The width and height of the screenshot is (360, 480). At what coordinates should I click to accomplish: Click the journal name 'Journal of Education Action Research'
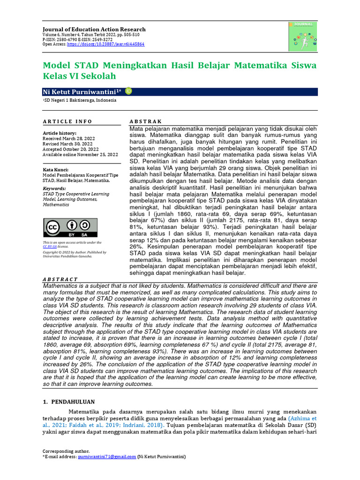coord(94,29)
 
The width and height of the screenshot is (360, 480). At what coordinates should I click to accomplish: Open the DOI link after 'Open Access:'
coord(105,44)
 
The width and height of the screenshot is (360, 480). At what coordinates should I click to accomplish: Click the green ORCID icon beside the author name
coord(128,91)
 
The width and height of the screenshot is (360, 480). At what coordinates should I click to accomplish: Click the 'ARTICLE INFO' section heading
coord(67,121)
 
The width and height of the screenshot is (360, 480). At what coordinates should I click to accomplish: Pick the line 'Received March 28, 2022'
coord(68,139)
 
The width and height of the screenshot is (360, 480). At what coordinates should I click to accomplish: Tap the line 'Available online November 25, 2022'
coord(80,154)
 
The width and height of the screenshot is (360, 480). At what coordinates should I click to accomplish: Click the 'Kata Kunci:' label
coord(55,170)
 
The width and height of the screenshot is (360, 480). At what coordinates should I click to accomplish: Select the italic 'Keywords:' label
coord(55,188)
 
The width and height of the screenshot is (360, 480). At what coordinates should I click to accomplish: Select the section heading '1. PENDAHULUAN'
coord(69,402)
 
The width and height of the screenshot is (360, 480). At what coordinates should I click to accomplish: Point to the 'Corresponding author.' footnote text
coord(66,451)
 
